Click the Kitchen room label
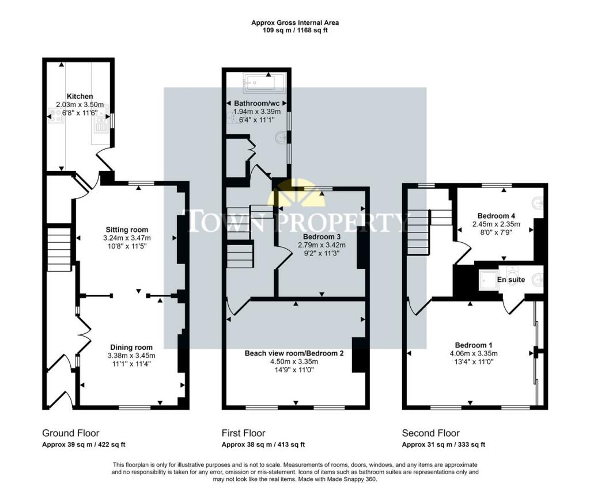pos(80,96)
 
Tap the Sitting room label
pos(127,230)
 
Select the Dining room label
pos(131,348)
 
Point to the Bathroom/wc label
pos(256,103)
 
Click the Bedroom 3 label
pos(322,237)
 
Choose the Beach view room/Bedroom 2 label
pos(294,353)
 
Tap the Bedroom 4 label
pos(496,216)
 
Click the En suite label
pos(511,280)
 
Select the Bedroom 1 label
pos(474,345)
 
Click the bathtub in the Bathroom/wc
pos(264,83)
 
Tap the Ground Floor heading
pos(71,433)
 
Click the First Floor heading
pos(244,433)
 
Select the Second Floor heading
pos(431,433)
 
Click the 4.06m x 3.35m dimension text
pos(474,353)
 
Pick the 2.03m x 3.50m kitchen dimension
pos(80,105)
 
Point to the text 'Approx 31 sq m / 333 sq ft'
pos(444,445)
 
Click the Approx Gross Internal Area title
pos(295,22)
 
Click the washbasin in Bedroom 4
pos(539,203)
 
